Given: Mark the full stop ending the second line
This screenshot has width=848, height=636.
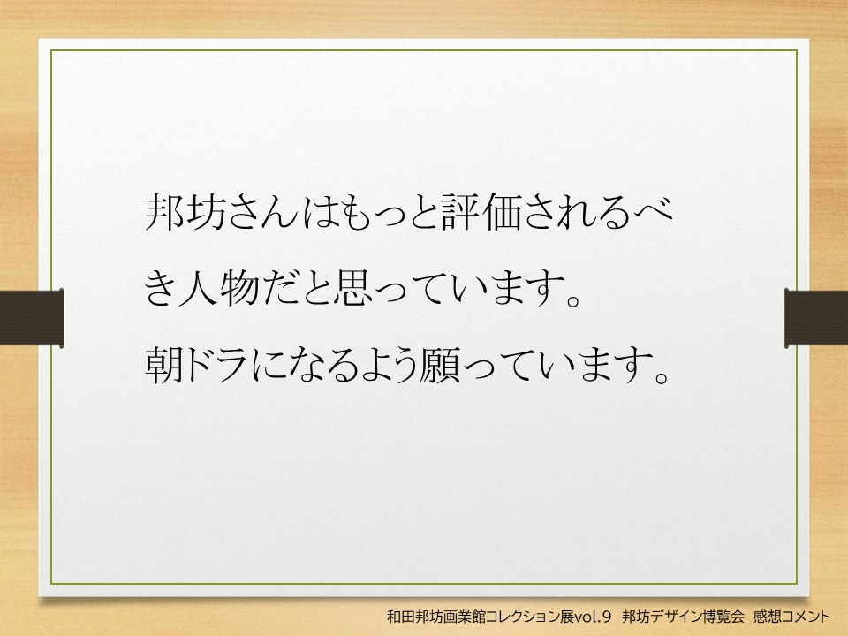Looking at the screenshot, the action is click(572, 299).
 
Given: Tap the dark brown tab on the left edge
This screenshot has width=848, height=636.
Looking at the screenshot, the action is click(32, 317).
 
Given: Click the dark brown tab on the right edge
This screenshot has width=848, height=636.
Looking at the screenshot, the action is click(816, 317).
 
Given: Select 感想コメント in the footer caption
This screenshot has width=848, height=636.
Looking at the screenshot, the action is click(791, 616).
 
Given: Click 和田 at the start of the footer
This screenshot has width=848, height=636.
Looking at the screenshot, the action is click(399, 616).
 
